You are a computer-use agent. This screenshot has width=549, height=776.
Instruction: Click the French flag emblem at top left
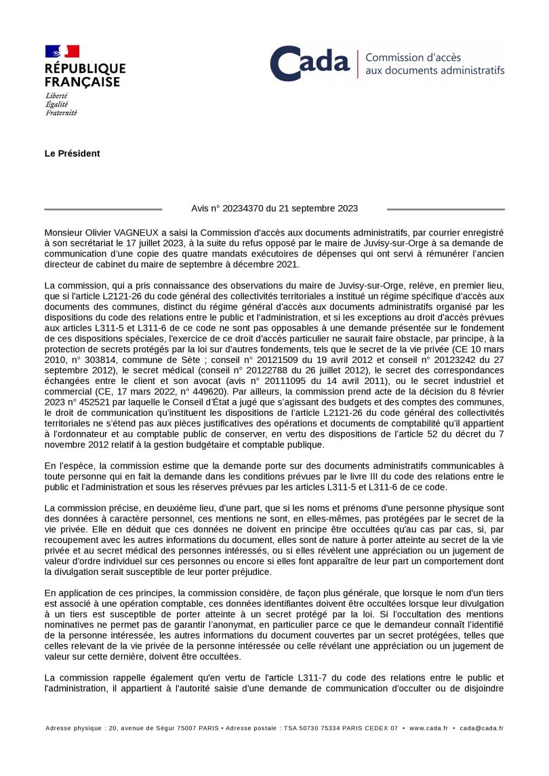pos(62,51)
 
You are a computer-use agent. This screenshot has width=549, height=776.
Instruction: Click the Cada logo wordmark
pos(310,64)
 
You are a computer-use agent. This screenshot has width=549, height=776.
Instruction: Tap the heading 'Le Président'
pos(73,154)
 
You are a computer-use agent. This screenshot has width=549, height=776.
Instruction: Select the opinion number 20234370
pos(247,209)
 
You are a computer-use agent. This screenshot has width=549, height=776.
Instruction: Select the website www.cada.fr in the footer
pos(428,729)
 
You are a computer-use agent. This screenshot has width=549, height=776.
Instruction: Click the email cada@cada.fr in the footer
pos(481,729)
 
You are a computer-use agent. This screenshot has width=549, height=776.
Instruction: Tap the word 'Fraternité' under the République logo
pos(61,113)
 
